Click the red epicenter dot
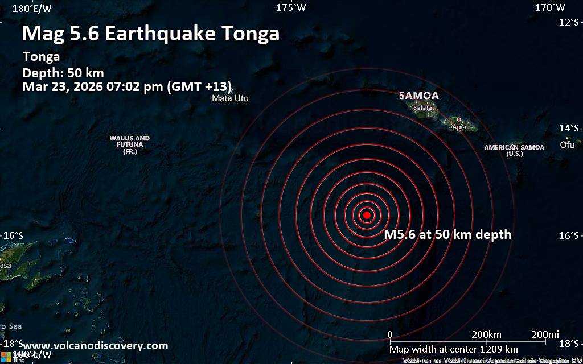(367, 214)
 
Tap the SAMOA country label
(418, 96)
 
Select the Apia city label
(458, 127)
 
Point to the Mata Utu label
(230, 98)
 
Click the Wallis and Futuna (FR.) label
(130, 144)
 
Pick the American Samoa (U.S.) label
(514, 151)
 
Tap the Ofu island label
(567, 144)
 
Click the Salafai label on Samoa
(424, 107)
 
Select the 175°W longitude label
(291, 7)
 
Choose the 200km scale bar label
(487, 334)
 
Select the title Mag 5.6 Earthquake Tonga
(151, 34)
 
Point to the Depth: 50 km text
(63, 73)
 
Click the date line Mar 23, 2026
(126, 87)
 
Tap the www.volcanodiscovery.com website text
(96, 345)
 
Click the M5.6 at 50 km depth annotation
(447, 234)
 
